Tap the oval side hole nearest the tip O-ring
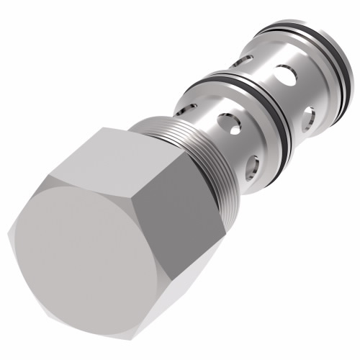[308, 115]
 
